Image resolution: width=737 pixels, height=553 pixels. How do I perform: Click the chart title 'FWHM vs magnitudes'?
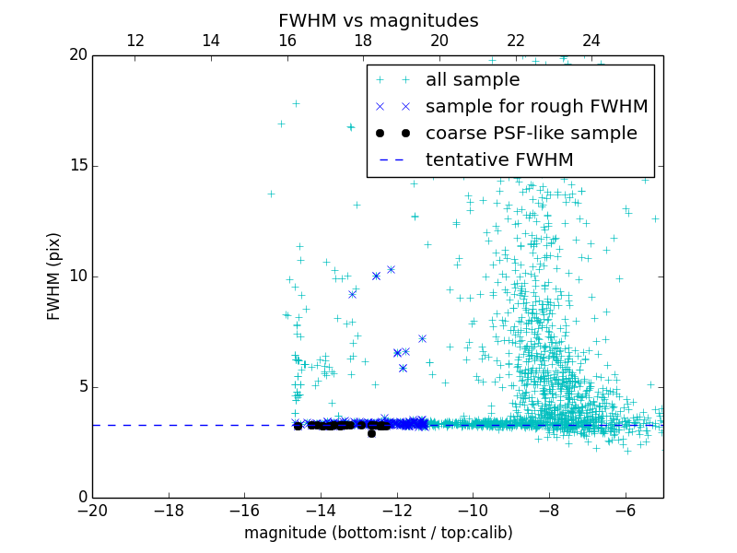tap(378, 20)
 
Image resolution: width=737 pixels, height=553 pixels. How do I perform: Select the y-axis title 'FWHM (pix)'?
tap(54, 276)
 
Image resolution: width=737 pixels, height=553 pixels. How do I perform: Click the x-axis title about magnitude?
tap(378, 533)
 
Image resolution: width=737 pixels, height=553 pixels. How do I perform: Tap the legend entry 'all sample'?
tap(473, 80)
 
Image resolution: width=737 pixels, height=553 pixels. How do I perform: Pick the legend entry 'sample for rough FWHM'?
tap(536, 107)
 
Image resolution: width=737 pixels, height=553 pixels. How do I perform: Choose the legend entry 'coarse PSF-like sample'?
tap(531, 134)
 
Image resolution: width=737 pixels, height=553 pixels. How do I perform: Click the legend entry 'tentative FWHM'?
tap(499, 160)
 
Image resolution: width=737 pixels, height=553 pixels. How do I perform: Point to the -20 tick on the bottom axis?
tap(92, 510)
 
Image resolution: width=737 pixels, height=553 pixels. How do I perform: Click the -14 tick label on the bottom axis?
tap(321, 510)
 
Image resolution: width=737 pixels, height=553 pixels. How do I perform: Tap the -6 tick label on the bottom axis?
tap(625, 510)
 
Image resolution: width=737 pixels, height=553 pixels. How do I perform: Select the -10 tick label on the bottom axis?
tap(473, 510)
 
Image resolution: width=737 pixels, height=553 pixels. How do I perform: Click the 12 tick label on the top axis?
tap(135, 41)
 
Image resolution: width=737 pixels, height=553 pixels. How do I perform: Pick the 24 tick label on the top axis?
tap(591, 41)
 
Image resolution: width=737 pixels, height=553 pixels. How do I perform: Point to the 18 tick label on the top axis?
tap(363, 41)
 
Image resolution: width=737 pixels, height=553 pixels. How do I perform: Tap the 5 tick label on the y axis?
tap(80, 386)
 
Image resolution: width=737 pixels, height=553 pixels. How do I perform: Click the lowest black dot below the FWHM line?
tap(371, 433)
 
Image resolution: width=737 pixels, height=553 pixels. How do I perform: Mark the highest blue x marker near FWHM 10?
tap(391, 269)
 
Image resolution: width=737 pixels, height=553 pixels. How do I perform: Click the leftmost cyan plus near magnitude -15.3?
tap(271, 194)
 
